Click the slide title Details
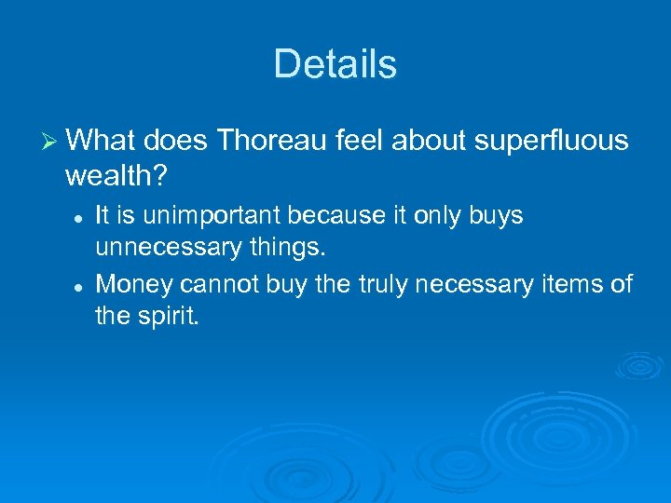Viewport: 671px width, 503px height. pyautogui.click(x=335, y=64)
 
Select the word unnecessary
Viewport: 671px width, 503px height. pyautogui.click(x=164, y=249)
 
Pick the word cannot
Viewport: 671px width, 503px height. pyautogui.click(x=215, y=283)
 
